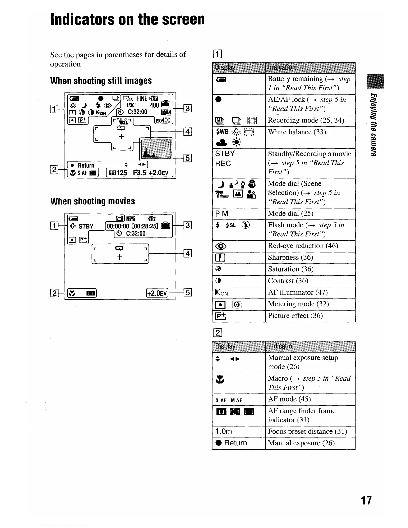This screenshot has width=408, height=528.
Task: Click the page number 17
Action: point(366,500)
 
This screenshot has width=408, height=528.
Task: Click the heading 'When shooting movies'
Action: point(93,201)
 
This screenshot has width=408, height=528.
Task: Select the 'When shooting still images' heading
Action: point(101,81)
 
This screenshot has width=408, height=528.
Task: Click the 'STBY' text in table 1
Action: point(225,154)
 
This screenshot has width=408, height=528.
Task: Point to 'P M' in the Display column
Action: point(222,214)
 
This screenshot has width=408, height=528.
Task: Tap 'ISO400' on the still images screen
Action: point(164,120)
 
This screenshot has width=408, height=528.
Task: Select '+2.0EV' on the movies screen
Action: point(157,293)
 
